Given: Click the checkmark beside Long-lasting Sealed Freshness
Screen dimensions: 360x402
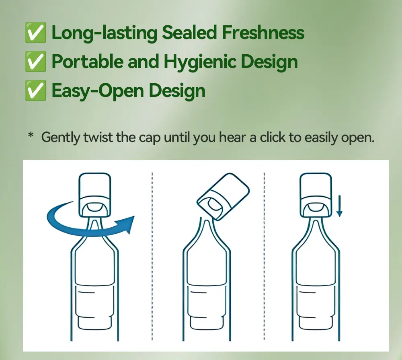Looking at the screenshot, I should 35,33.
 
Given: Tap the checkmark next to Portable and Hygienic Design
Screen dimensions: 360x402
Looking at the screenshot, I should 35,62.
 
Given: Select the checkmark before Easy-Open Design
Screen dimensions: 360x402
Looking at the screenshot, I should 35,91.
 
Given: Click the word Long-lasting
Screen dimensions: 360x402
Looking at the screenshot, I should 104,33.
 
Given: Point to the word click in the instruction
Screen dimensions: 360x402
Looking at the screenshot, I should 273,138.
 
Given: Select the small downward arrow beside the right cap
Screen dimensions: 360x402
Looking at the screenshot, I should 339,206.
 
